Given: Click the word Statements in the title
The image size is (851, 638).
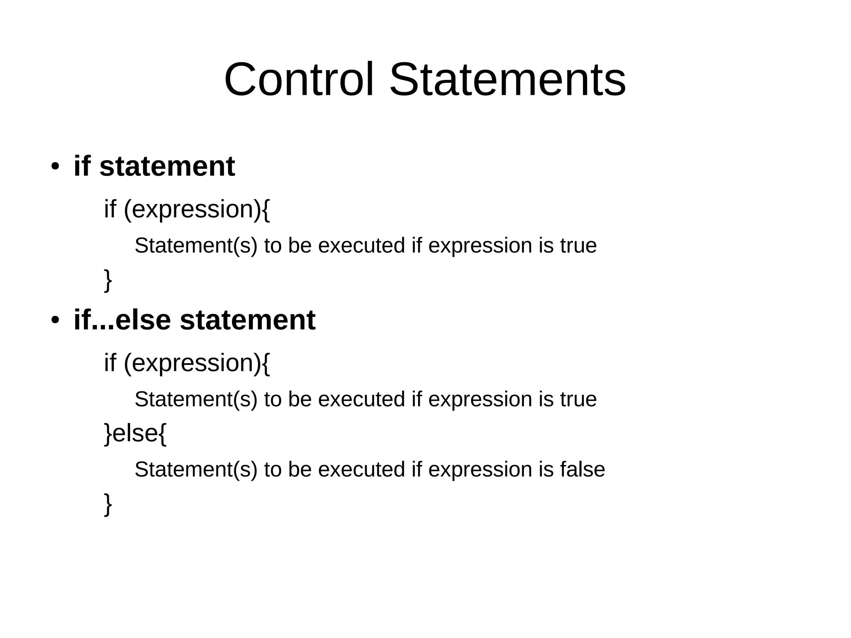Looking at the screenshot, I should click(x=507, y=79).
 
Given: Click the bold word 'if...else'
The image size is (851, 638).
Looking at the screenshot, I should click(x=122, y=320).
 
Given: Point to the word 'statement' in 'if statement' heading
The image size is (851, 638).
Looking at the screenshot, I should click(x=167, y=166).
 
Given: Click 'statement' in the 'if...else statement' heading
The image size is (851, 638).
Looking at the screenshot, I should click(x=247, y=320).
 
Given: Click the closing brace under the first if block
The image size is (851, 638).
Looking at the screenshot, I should click(x=108, y=280).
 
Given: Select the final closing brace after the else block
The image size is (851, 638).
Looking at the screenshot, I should click(x=108, y=504).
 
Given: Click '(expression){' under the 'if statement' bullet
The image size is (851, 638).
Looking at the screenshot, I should click(x=197, y=209).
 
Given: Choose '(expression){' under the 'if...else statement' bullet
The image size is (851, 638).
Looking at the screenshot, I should click(x=197, y=363).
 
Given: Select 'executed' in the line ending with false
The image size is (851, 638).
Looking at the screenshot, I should click(x=362, y=470).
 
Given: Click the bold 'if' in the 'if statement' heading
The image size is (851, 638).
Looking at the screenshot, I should click(x=82, y=166).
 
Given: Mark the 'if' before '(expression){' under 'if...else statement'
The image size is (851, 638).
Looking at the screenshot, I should click(x=110, y=362).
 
